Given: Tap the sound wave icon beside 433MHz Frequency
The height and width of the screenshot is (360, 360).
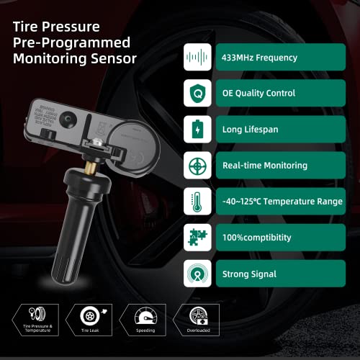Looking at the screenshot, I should click(197, 56).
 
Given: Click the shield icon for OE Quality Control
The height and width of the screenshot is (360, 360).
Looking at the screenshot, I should click(197, 93).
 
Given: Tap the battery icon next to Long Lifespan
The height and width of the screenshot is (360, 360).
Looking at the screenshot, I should click(197, 129).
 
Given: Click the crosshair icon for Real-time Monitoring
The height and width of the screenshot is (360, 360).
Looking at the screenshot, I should click(197, 165).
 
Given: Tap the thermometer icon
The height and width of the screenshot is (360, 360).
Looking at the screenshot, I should click(197, 202).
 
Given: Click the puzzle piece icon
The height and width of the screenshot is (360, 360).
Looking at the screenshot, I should click(197, 238).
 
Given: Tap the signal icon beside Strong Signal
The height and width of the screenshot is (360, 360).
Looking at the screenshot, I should click(197, 274).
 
